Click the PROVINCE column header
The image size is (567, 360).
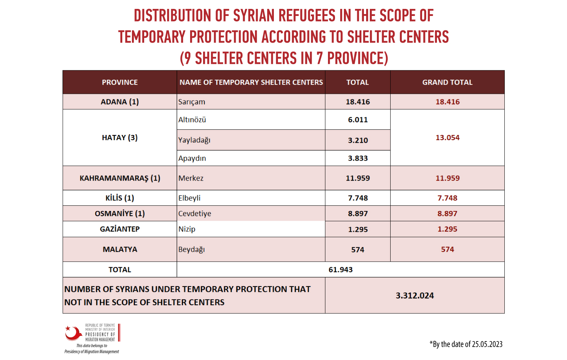(x=120, y=82)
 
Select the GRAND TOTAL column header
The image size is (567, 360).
(x=447, y=82)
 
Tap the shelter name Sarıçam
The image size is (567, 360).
(x=192, y=102)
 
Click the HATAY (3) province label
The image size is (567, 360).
(x=120, y=138)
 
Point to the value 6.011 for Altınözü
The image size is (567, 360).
(x=358, y=119)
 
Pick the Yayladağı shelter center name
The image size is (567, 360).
(x=194, y=140)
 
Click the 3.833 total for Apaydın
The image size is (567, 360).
(x=358, y=158)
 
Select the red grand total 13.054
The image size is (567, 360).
(x=448, y=138)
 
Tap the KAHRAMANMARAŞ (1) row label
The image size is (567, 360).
(x=120, y=178)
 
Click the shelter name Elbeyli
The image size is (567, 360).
(x=189, y=198)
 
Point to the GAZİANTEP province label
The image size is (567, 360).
(x=120, y=229)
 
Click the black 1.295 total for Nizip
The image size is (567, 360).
(x=358, y=229)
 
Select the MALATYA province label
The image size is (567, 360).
(x=120, y=250)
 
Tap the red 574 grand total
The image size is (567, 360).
(x=448, y=250)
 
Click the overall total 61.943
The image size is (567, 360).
(x=341, y=270)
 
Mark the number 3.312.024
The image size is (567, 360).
(x=415, y=296)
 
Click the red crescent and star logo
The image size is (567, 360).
(x=73, y=333)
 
